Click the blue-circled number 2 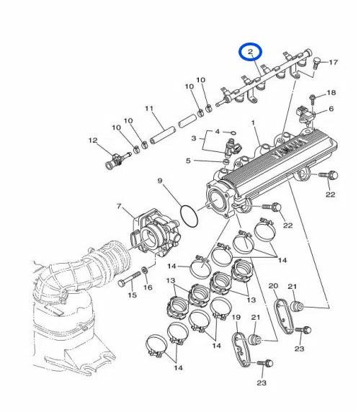(x=250, y=52)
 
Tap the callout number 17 (x=333, y=63)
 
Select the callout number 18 (x=331, y=93)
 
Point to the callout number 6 (x=331, y=109)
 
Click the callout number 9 (x=160, y=180)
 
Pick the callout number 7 (x=119, y=207)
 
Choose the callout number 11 (x=150, y=109)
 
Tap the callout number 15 (x=132, y=295)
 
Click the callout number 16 (x=148, y=287)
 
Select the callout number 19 (x=236, y=318)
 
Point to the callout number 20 (x=273, y=287)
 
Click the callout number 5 (x=188, y=161)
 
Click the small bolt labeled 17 (x=316, y=63)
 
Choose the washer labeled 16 (x=146, y=270)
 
